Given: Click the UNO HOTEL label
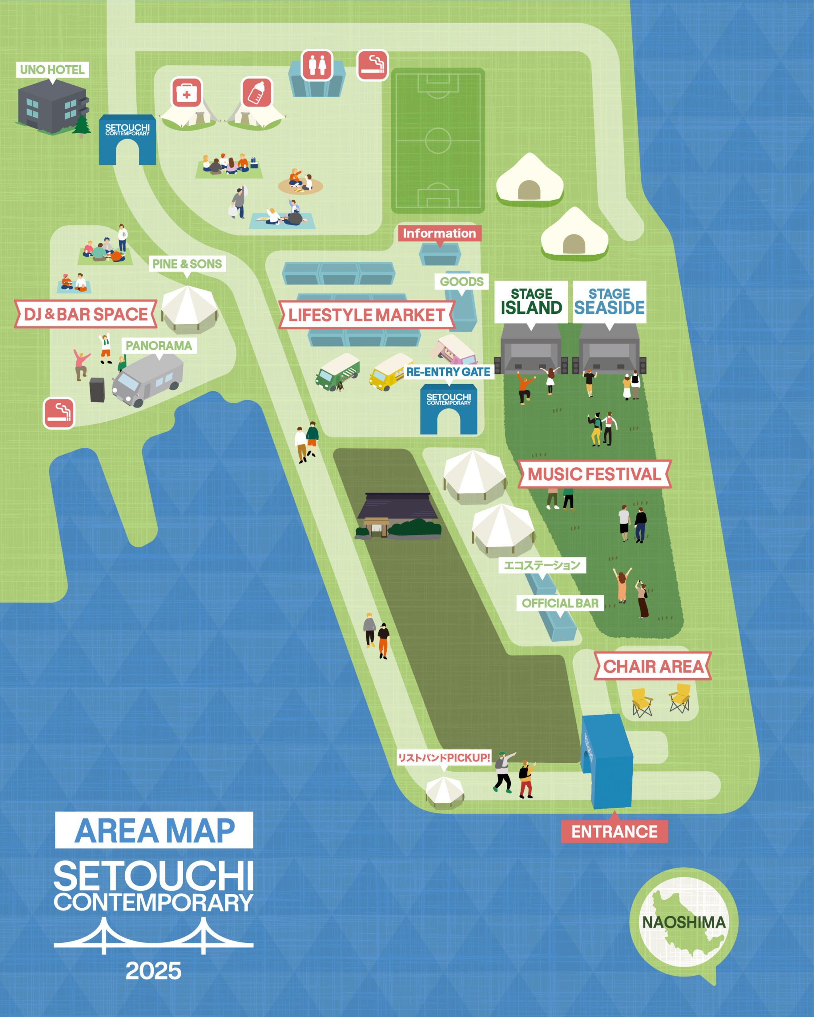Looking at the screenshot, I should point(52,70).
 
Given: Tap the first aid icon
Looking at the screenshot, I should point(186,93).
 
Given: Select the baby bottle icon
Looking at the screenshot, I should point(257,93).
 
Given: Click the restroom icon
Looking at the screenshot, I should point(317,65).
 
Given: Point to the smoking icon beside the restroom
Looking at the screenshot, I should point(372,65).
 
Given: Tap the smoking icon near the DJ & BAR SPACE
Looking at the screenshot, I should point(58,413).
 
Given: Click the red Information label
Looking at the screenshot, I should point(439,233).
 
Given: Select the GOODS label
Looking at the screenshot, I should point(461,282).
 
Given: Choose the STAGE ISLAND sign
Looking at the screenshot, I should point(531,302).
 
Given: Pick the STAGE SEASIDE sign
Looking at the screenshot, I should point(609,302).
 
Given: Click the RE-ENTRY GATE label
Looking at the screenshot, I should point(448,372).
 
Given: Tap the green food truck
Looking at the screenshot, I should point(338,372).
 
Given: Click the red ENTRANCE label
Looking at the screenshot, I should point(614,831).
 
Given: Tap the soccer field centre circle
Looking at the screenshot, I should point(438,140).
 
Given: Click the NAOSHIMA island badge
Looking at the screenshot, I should point(683,922).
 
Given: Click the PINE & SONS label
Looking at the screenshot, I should point(187,264).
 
